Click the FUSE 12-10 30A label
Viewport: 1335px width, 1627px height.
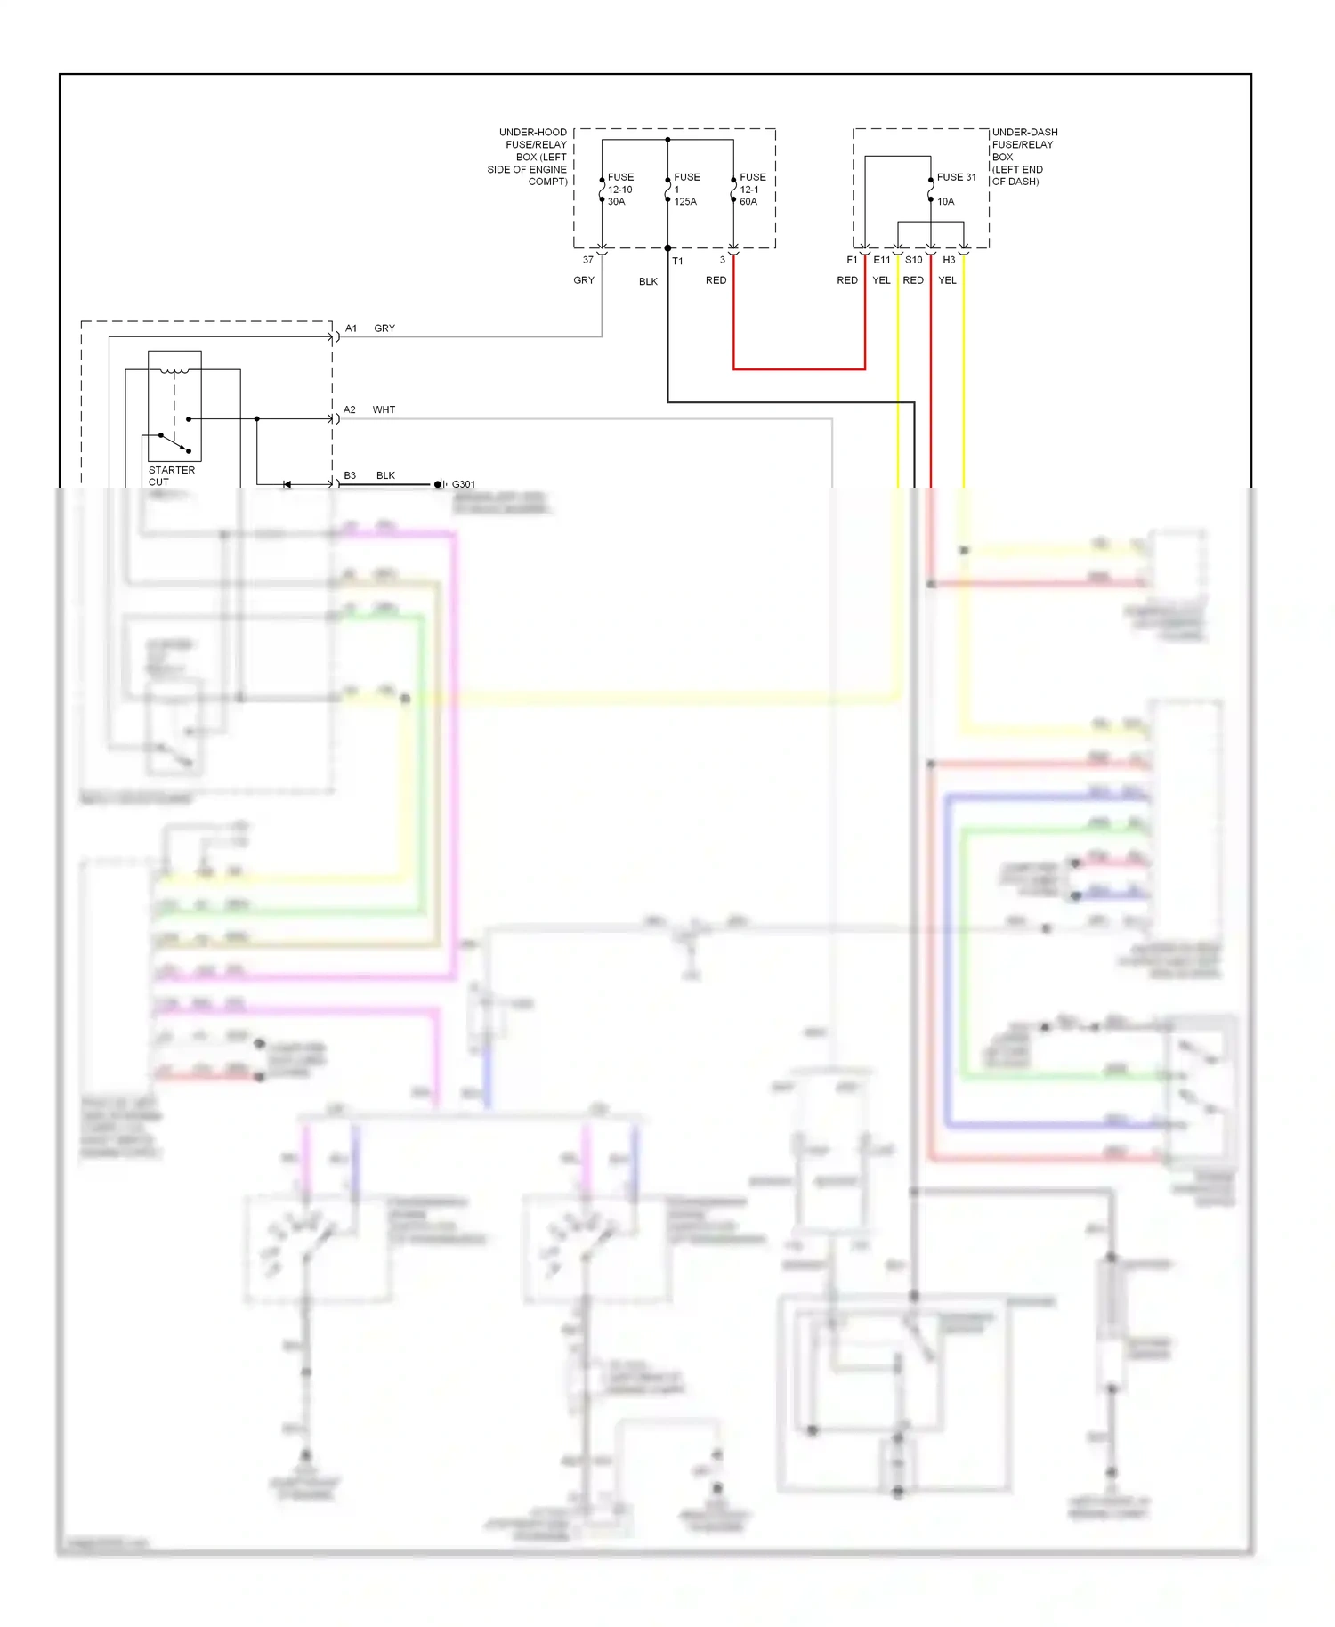point(619,190)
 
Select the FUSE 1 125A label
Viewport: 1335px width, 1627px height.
point(685,190)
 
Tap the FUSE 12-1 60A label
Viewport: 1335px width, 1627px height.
point(752,190)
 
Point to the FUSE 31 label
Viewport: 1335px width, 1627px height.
point(956,177)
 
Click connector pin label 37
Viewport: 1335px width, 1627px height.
point(587,260)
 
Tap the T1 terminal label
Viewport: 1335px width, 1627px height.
point(677,261)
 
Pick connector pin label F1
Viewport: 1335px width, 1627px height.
point(852,260)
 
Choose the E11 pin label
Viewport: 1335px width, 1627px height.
point(881,260)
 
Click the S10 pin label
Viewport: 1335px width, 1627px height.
point(913,260)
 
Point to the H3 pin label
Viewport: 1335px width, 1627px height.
point(949,260)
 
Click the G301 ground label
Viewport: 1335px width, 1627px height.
point(464,484)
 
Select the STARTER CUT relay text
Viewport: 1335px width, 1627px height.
point(171,475)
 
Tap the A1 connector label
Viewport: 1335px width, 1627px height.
point(351,328)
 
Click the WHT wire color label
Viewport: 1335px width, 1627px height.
point(384,409)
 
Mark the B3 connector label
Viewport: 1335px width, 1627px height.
point(350,475)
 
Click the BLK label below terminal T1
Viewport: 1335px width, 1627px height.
point(648,281)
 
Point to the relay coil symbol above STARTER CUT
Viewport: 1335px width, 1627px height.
point(174,369)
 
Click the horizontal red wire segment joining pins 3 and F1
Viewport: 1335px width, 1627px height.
point(798,368)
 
